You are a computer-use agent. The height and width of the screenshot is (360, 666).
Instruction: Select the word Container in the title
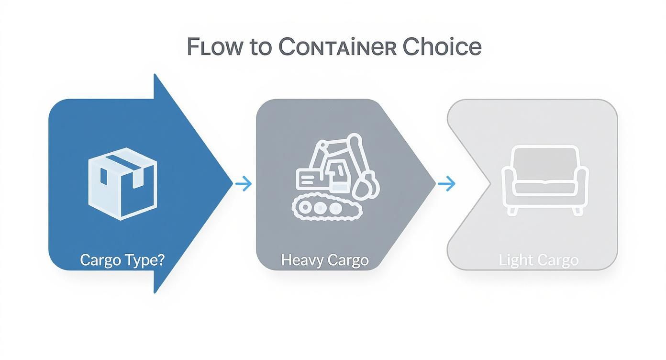330,47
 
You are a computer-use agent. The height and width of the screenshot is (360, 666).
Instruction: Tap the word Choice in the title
442,47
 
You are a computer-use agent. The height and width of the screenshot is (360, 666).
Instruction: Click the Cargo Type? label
122,260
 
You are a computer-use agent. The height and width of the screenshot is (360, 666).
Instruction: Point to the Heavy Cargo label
325,260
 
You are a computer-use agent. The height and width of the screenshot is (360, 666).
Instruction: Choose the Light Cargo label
538,260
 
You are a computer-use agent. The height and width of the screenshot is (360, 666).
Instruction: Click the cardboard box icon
122,183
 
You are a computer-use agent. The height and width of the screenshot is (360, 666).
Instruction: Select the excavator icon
335,175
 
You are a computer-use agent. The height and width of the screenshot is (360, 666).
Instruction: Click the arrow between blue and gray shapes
244,183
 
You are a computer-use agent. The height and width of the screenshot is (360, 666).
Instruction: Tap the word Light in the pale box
514,260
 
